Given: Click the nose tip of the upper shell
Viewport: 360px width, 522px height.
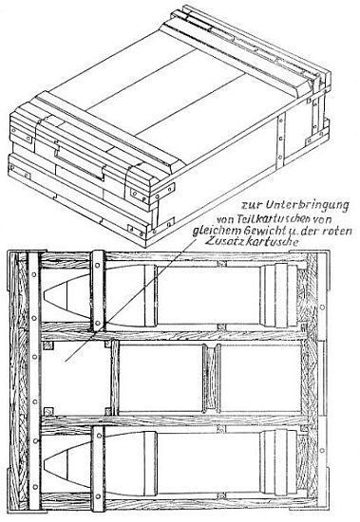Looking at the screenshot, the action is (x=45, y=296).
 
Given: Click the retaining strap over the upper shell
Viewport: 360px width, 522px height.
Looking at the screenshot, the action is (x=98, y=290).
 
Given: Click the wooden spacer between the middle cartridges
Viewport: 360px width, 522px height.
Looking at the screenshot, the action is (x=211, y=378).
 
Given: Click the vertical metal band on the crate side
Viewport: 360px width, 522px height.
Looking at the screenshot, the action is (x=280, y=140).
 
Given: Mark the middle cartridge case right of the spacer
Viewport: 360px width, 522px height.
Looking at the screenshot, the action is (x=260, y=378).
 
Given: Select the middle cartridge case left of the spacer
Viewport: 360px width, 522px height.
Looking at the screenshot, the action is (x=161, y=378).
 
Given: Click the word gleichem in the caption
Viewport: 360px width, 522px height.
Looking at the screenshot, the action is (x=217, y=231).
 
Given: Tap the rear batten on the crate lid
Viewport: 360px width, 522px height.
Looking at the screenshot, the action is (x=237, y=58).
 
